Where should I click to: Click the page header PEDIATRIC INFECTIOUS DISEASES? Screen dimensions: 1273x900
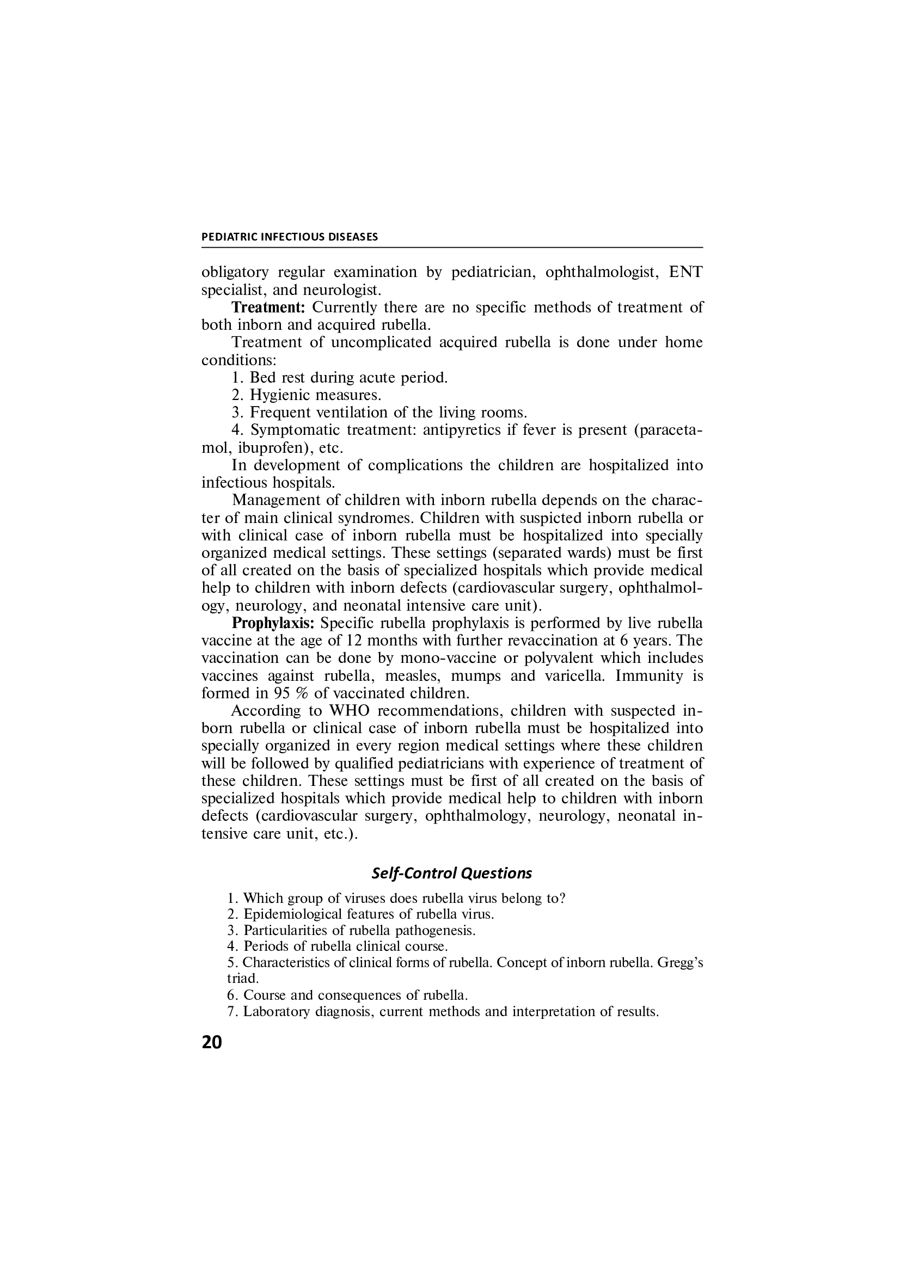pyautogui.click(x=290, y=237)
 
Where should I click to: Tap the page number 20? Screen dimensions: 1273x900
pyautogui.click(x=211, y=1043)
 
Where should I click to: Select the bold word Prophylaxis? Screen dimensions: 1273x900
pyautogui.click(x=273, y=623)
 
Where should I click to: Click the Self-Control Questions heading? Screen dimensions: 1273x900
pyautogui.click(x=451, y=873)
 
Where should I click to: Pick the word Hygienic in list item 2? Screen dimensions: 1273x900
pyautogui.click(x=278, y=395)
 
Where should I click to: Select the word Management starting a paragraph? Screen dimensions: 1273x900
pyautogui.click(x=275, y=500)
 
